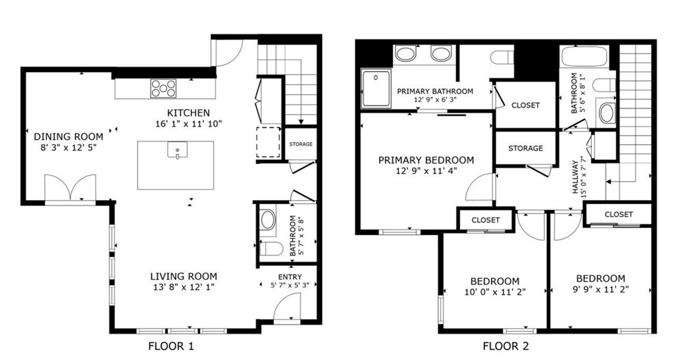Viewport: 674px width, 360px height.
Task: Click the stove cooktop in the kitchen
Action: coord(163,88)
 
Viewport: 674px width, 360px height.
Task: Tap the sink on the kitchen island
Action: coord(177,150)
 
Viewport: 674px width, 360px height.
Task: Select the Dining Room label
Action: coord(68,137)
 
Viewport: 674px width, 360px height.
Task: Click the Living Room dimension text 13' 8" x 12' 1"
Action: coord(183,287)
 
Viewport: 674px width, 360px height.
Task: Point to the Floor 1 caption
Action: coord(171,346)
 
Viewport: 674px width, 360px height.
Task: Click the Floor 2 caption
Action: coord(505,346)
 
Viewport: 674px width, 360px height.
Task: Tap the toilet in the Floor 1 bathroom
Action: coord(271,249)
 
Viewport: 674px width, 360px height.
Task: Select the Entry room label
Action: coord(290,276)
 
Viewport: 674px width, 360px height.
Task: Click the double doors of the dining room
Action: coord(70,188)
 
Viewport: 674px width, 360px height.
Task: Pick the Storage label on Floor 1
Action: coord(300,144)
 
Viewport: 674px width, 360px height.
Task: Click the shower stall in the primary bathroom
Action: coord(376,88)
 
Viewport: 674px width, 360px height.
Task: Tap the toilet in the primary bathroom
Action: coord(502,57)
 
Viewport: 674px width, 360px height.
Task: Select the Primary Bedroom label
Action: coord(426,160)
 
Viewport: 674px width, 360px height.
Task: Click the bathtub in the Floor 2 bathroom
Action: coord(584,56)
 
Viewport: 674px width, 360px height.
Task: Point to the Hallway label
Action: coord(575,177)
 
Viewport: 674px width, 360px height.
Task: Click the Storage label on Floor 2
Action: coord(525,148)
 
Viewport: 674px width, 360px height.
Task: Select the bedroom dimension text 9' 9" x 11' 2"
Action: coord(601,289)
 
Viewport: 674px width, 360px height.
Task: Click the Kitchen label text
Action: coord(188,113)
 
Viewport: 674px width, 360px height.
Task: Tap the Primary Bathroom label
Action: coord(435,91)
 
